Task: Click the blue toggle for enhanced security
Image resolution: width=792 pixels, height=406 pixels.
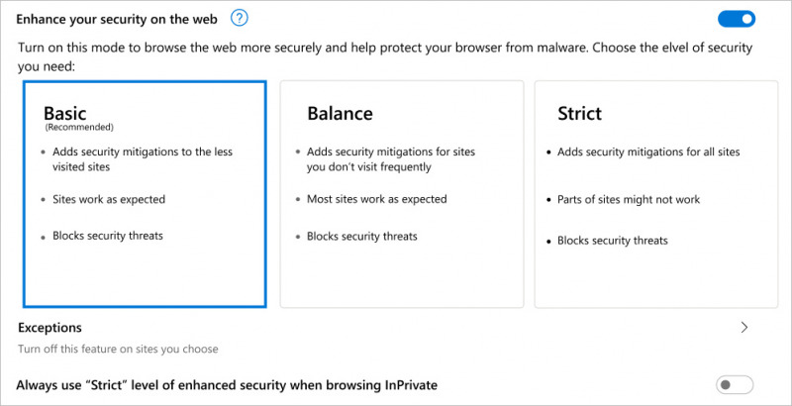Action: pyautogui.click(x=737, y=20)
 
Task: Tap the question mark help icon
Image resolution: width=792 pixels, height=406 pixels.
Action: pyautogui.click(x=240, y=19)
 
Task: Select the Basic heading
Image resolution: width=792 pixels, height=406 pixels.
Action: pyautogui.click(x=65, y=113)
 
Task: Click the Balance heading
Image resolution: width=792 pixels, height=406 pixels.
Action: pyautogui.click(x=340, y=113)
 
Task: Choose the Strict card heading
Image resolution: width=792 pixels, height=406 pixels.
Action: pyautogui.click(x=580, y=113)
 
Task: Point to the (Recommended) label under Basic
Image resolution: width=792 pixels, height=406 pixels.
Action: pyautogui.click(x=79, y=128)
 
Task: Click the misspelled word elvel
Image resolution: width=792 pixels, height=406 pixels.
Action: pyautogui.click(x=660, y=48)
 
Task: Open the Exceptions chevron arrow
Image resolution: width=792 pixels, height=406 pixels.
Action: pyautogui.click(x=744, y=327)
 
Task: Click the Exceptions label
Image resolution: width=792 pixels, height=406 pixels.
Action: pyautogui.click(x=49, y=328)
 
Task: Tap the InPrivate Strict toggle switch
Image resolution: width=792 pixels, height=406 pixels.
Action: pyautogui.click(x=735, y=385)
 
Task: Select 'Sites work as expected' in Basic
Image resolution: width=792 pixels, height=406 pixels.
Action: pyautogui.click(x=109, y=199)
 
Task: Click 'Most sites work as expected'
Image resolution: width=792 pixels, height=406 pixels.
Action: pyautogui.click(x=377, y=199)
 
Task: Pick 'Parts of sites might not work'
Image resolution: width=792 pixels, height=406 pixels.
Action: pyautogui.click(x=629, y=199)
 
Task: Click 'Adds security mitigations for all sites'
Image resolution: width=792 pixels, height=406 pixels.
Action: pyautogui.click(x=648, y=152)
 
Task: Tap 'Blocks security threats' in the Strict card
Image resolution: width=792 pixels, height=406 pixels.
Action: pyautogui.click(x=613, y=241)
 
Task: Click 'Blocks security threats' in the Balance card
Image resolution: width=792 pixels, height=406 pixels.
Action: pyautogui.click(x=362, y=236)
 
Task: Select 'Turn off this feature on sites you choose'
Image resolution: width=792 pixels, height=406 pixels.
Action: pyautogui.click(x=118, y=349)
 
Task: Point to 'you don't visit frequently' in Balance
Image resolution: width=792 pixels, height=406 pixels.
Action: pyautogui.click(x=368, y=166)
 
